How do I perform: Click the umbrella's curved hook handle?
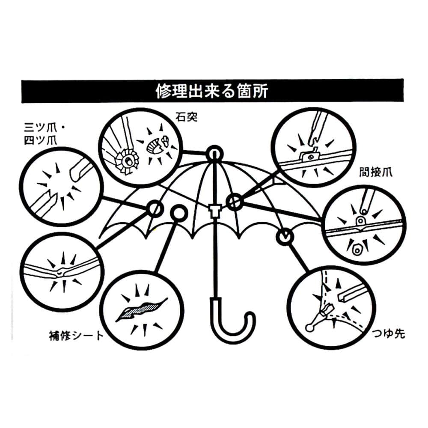(x=231, y=325)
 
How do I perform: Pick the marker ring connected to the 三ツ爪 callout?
(x=155, y=208)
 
